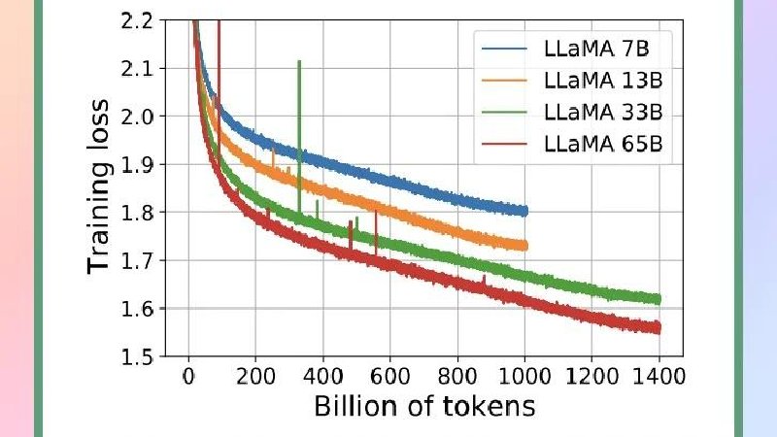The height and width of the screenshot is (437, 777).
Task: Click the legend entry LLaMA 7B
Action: click(x=596, y=49)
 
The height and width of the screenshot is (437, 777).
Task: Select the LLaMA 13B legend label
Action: click(x=603, y=81)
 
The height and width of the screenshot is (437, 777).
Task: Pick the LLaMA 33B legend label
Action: click(x=603, y=112)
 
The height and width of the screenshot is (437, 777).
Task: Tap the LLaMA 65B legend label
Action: click(x=603, y=144)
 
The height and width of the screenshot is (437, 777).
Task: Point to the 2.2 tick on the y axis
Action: click(x=137, y=20)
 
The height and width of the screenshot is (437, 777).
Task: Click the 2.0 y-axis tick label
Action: click(x=137, y=116)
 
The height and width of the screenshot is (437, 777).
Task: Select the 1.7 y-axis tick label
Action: click(x=137, y=260)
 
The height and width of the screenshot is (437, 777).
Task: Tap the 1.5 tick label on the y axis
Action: click(x=137, y=356)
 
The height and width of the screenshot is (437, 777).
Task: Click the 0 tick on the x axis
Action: click(x=188, y=377)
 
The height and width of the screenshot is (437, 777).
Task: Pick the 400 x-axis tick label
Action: click(x=322, y=377)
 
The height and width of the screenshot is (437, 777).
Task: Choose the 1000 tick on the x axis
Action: click(x=524, y=377)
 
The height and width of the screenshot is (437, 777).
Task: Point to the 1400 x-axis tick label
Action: click(x=659, y=377)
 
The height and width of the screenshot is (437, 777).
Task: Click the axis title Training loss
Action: click(x=98, y=186)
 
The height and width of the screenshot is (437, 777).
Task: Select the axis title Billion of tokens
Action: click(x=424, y=406)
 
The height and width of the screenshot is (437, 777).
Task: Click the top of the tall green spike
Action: click(x=299, y=61)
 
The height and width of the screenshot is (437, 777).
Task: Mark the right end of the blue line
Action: click(x=526, y=211)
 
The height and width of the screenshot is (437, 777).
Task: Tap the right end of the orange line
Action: click(x=526, y=246)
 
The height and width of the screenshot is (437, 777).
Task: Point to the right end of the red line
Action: click(x=659, y=327)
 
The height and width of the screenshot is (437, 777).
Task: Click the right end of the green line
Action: click(x=659, y=299)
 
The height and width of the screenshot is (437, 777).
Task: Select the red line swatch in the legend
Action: click(x=504, y=144)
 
